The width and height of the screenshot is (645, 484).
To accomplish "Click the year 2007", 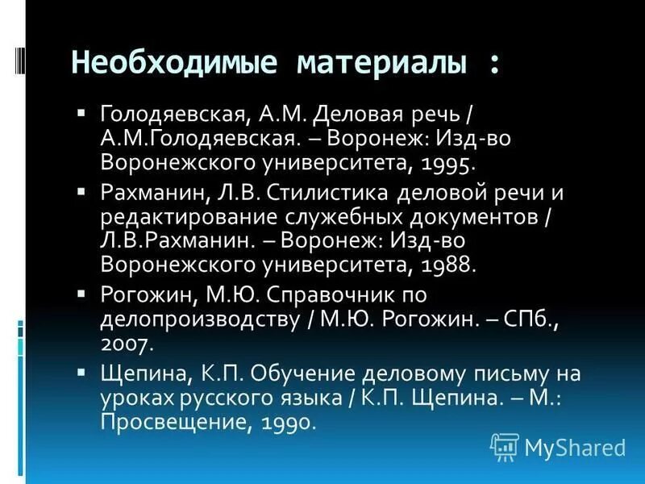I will (x=127, y=343).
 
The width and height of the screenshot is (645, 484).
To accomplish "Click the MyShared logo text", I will (x=575, y=445).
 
